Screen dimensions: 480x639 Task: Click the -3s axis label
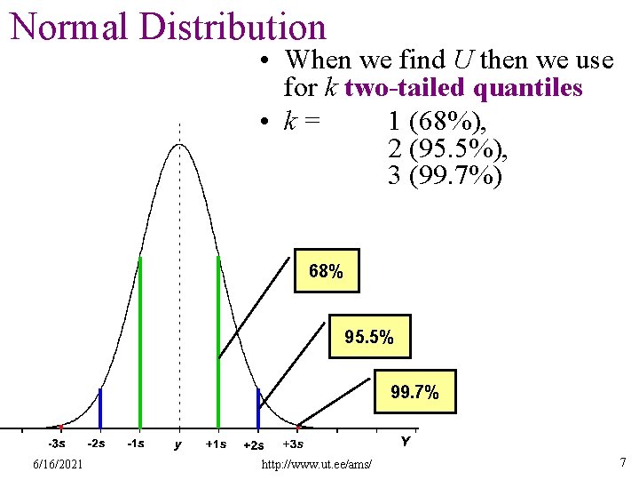56,443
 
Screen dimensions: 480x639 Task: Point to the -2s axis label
96,443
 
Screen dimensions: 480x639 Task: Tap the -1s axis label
136,443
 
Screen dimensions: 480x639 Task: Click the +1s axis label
215,444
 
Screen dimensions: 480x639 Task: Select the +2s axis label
253,444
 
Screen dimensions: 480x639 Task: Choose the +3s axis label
293,444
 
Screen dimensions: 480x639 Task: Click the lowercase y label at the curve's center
178,444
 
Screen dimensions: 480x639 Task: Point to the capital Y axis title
405,441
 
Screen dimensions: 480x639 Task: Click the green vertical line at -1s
139,338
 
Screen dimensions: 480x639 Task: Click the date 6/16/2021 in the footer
58,464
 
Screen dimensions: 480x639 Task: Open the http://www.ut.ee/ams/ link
317,465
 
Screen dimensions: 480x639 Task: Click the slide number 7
622,463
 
